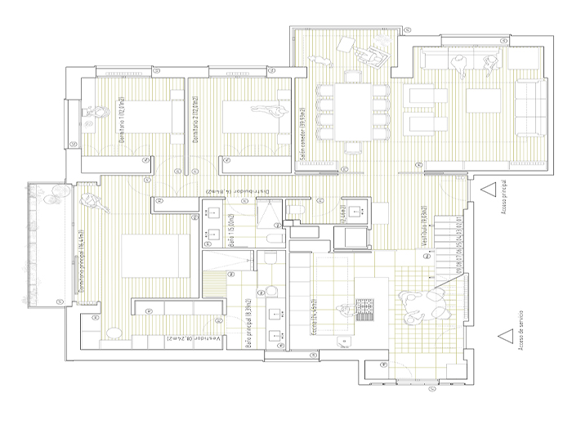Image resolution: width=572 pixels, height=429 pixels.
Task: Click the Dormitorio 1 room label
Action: coord(121,120)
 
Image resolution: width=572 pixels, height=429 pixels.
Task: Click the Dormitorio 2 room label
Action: coord(195,120)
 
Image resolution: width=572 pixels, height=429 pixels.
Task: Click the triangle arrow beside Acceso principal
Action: coord(489,189)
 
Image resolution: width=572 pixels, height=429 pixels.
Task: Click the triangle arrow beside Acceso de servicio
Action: coord(503,335)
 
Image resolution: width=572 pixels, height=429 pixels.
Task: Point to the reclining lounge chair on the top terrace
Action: coord(375,55)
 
